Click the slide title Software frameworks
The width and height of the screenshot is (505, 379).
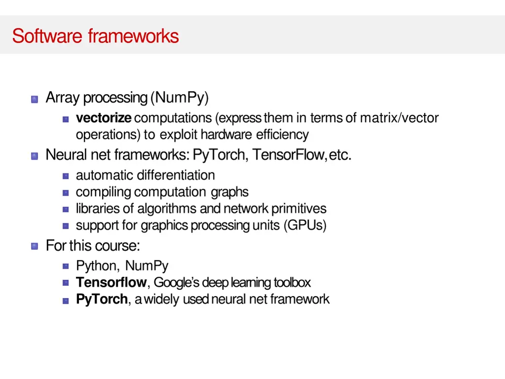(x=95, y=36)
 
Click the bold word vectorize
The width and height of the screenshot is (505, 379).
(x=104, y=118)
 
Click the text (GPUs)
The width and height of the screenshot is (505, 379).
(x=305, y=225)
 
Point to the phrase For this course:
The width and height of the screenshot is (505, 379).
(x=93, y=245)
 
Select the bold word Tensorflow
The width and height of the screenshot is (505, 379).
(x=111, y=282)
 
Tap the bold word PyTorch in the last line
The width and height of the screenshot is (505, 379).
(x=102, y=299)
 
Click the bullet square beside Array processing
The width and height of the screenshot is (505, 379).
(x=35, y=99)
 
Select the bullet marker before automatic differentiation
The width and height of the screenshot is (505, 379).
(x=66, y=176)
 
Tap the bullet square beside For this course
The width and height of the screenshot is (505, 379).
(x=35, y=246)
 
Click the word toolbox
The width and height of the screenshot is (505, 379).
(x=292, y=282)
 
